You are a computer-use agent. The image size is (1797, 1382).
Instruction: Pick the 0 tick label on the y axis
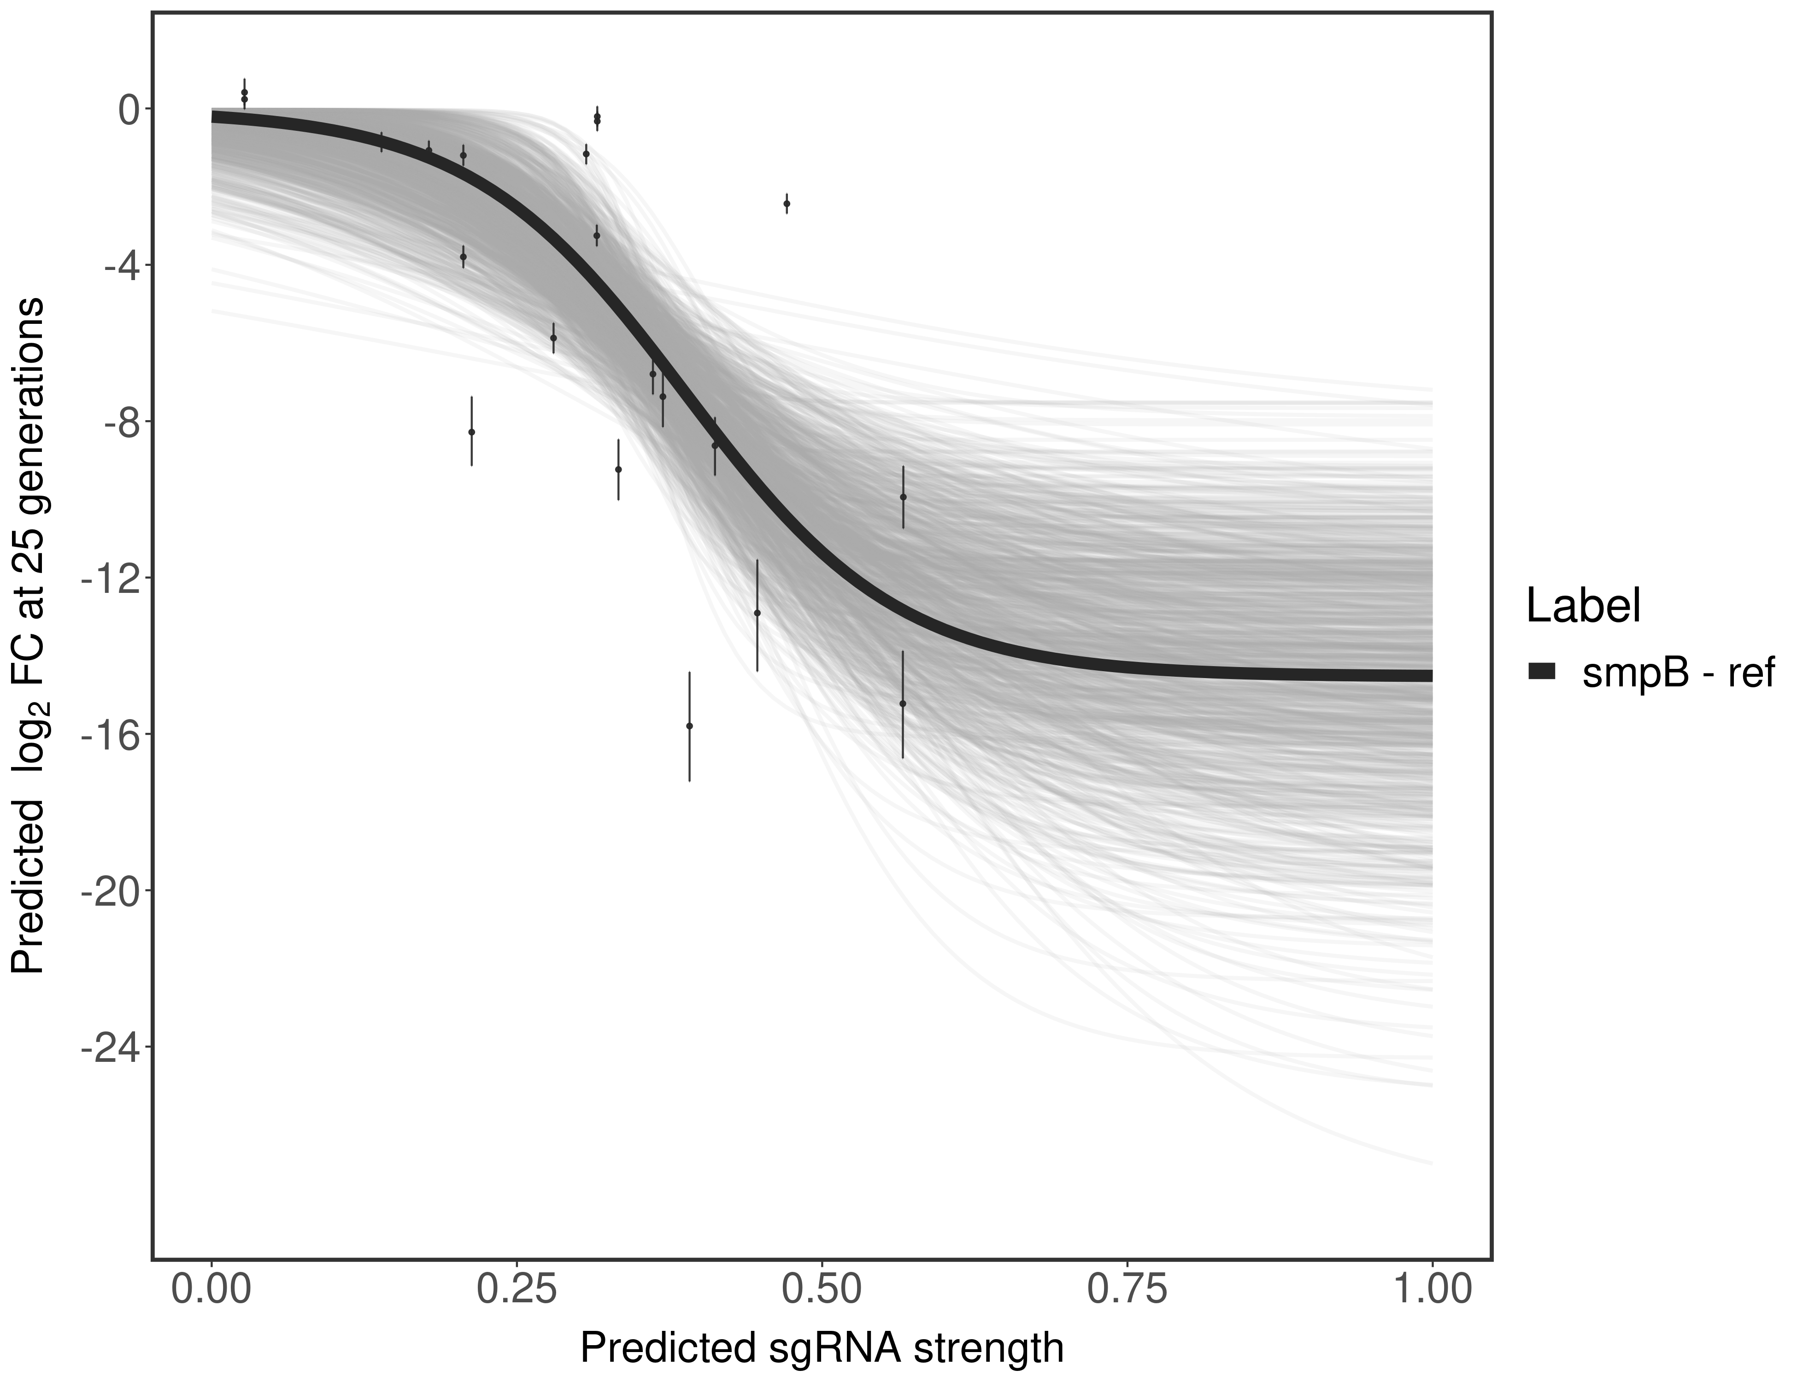129,110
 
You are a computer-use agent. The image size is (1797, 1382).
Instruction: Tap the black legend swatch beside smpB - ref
1542,671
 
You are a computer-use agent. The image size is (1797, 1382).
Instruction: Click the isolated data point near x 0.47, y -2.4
787,203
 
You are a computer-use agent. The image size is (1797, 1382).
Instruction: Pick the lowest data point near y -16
689,726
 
